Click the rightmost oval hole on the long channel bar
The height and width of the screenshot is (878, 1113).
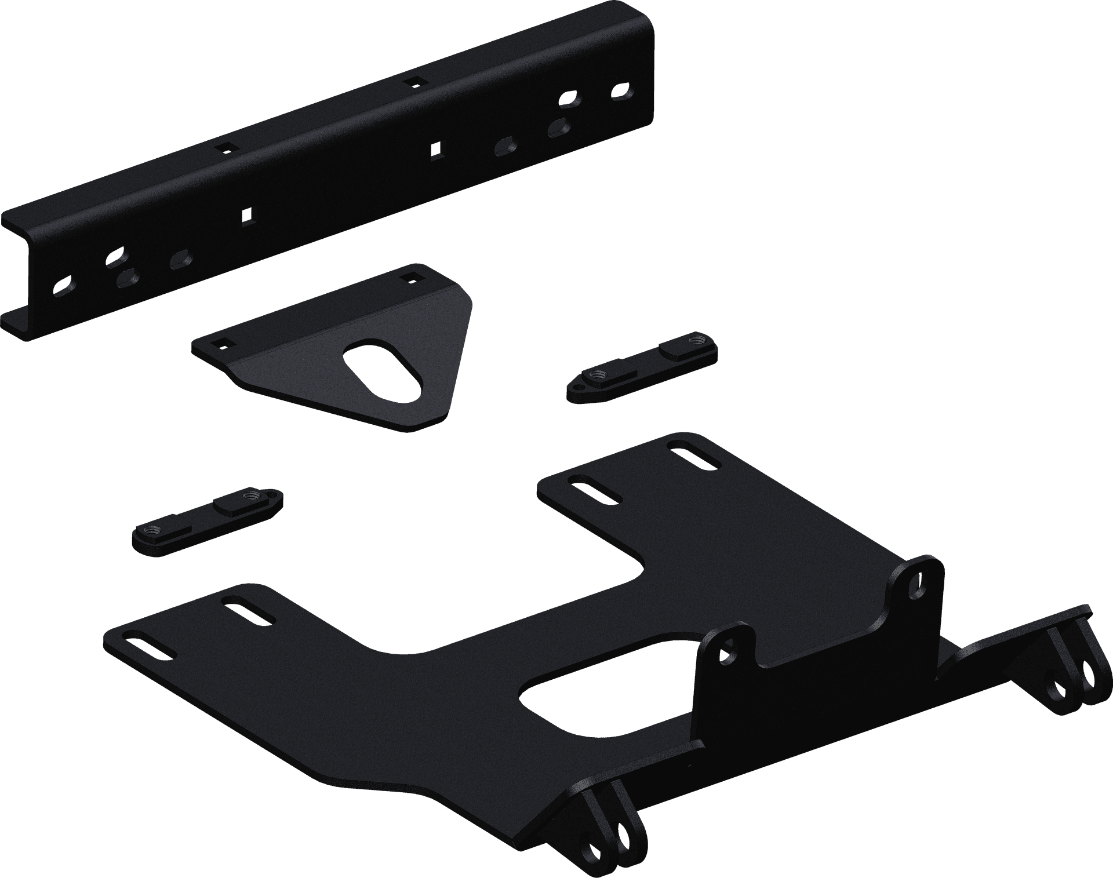tap(621, 91)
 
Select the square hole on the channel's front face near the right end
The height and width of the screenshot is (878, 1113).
tap(435, 150)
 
